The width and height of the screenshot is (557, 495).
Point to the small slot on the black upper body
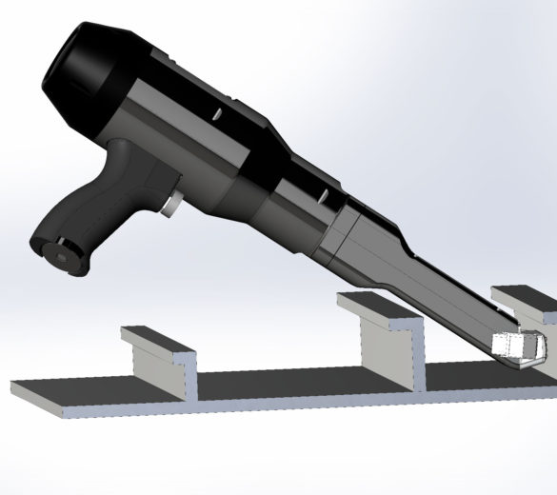click(x=217, y=115)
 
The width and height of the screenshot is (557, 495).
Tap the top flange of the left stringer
click(x=157, y=341)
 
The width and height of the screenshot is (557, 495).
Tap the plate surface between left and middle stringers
click(x=286, y=381)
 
